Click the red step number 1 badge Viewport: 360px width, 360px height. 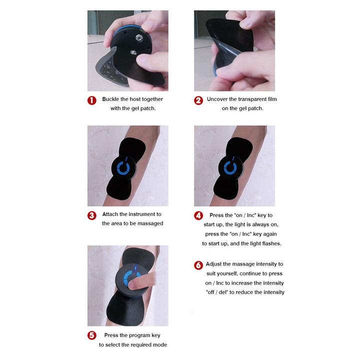pos(92,100)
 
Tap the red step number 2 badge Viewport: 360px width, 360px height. pos(198,100)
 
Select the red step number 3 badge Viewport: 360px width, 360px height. pos(92,215)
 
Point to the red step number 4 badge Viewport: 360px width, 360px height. pos(198,215)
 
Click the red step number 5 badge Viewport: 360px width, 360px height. pos(92,336)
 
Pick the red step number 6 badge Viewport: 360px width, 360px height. pos(198,265)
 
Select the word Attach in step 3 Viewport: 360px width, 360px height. pos(111,214)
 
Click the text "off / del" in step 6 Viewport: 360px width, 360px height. pos(218,292)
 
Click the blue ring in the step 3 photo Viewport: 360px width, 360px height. pos(125,168)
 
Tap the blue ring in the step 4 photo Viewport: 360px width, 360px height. pos(231,168)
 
